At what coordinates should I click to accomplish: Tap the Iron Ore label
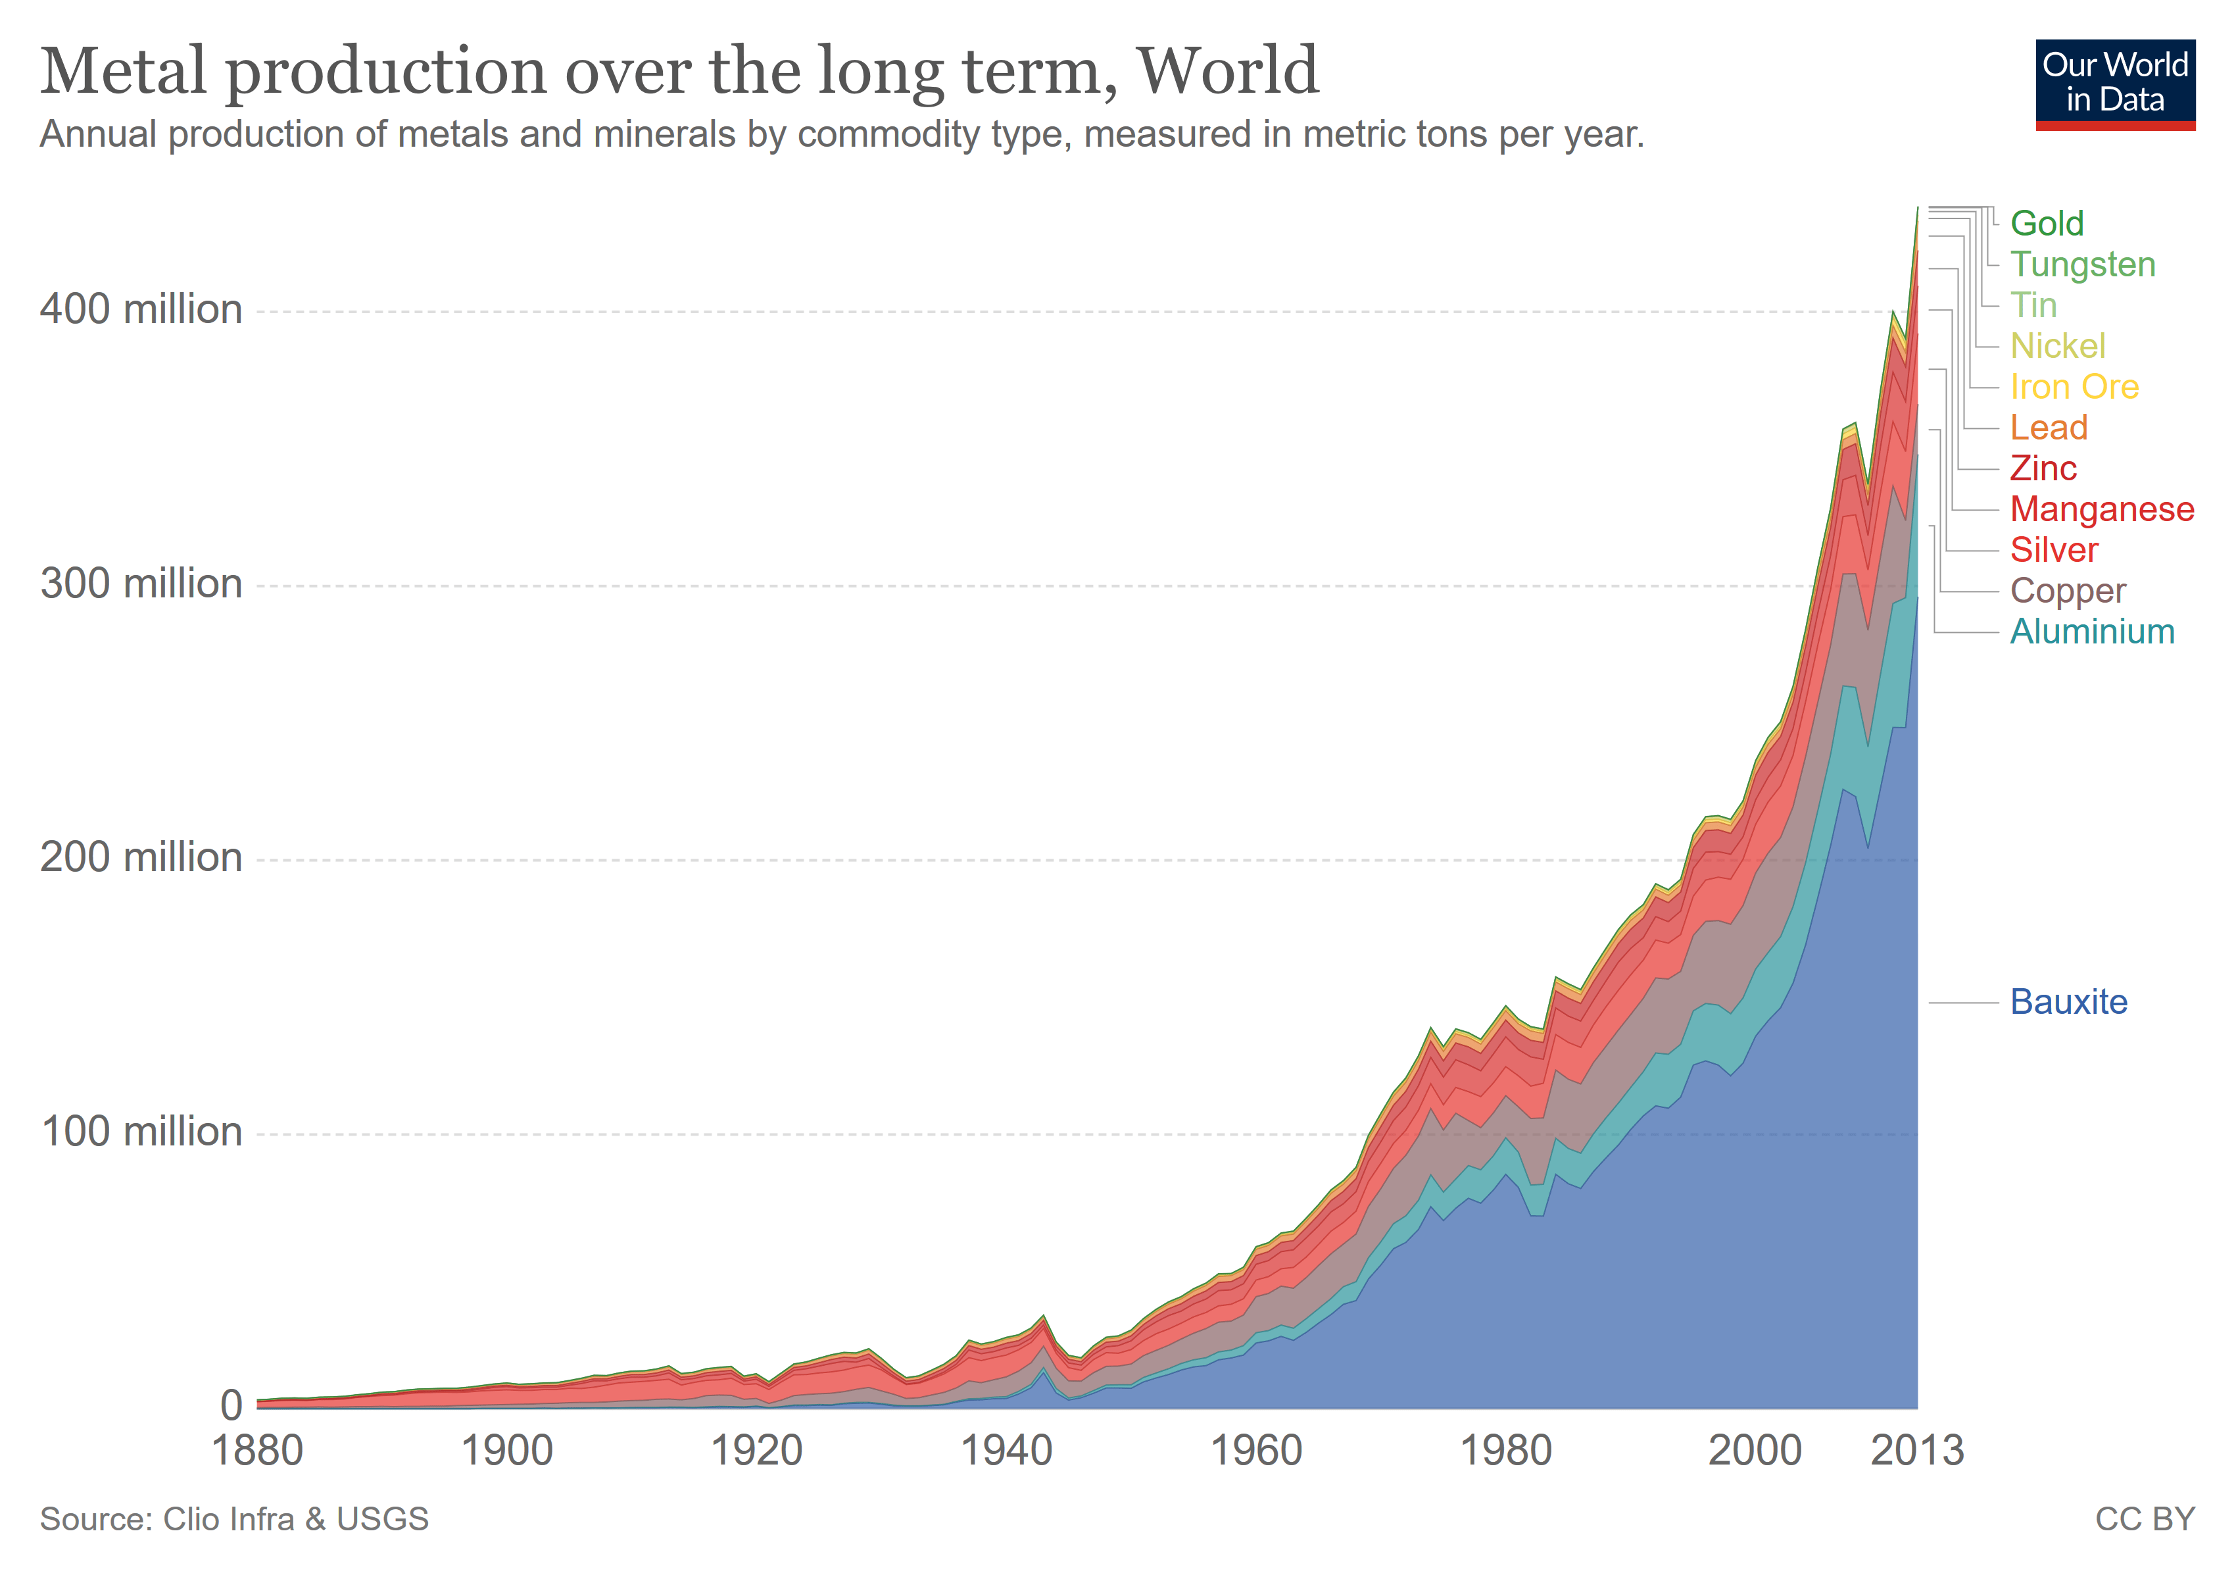pyautogui.click(x=2074, y=388)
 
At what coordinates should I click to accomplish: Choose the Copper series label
pyautogui.click(x=2068, y=591)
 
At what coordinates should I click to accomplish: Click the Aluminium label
pyautogui.click(x=2092, y=632)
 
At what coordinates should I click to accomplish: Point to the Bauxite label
pyautogui.click(x=2068, y=1003)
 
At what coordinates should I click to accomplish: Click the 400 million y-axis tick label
pyautogui.click(x=141, y=310)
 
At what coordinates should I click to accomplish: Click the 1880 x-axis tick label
pyautogui.click(x=257, y=1451)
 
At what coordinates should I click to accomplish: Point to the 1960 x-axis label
pyautogui.click(x=1255, y=1451)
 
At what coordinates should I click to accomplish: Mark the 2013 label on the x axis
pyautogui.click(x=1916, y=1451)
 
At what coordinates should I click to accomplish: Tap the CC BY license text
pyautogui.click(x=2145, y=1520)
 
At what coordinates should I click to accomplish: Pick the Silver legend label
pyautogui.click(x=2054, y=551)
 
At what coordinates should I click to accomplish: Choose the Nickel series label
pyautogui.click(x=2057, y=347)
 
